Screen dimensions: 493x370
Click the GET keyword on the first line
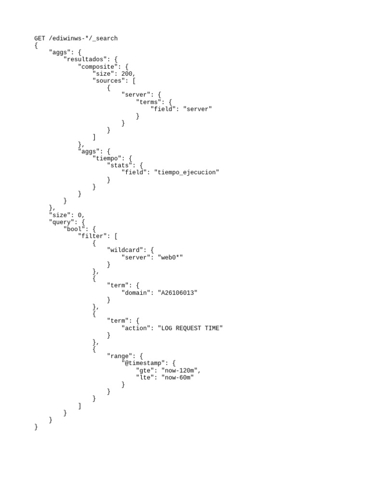pos(40,38)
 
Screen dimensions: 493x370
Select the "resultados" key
pos(87,59)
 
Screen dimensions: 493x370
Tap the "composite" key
pos(97,66)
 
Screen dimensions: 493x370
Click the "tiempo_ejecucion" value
pos(186,172)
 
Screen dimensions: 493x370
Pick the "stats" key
pos(119,165)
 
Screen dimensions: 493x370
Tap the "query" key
pos(61,222)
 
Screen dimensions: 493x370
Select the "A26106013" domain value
pos(177,292)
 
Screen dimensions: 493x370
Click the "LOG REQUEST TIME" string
pos(190,328)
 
